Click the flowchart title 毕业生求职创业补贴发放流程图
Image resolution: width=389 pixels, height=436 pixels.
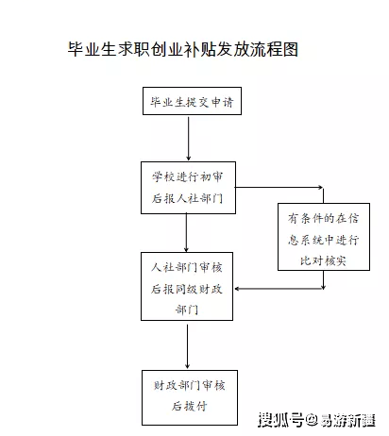(x=183, y=49)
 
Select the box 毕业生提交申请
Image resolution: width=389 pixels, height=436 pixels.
(x=192, y=101)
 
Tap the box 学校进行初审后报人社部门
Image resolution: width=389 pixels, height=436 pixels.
(x=188, y=188)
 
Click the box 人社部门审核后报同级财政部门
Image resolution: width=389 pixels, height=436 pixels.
(x=187, y=286)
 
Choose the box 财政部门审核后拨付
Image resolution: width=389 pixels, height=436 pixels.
(x=190, y=397)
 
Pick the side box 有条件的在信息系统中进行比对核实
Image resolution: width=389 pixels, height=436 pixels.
(x=324, y=237)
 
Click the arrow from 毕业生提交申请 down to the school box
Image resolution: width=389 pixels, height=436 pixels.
(x=189, y=139)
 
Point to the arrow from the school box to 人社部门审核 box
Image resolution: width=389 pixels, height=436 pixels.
(x=186, y=233)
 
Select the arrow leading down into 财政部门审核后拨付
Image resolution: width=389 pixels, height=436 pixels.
(x=187, y=346)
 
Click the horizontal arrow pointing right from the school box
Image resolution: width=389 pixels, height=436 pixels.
(x=279, y=188)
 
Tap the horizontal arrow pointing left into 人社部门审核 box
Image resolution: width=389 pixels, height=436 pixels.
(x=279, y=289)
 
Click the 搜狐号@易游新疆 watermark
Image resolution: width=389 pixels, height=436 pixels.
(x=316, y=419)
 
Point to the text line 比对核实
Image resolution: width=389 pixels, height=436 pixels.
(x=323, y=260)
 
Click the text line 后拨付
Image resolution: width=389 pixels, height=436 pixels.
(x=190, y=406)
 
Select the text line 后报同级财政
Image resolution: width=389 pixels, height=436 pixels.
(x=187, y=289)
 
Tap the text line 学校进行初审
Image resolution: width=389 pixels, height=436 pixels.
(x=188, y=176)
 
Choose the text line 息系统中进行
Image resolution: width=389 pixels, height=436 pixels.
(x=323, y=240)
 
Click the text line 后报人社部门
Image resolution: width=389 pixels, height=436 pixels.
(x=188, y=198)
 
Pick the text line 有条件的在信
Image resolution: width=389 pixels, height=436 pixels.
(x=323, y=218)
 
